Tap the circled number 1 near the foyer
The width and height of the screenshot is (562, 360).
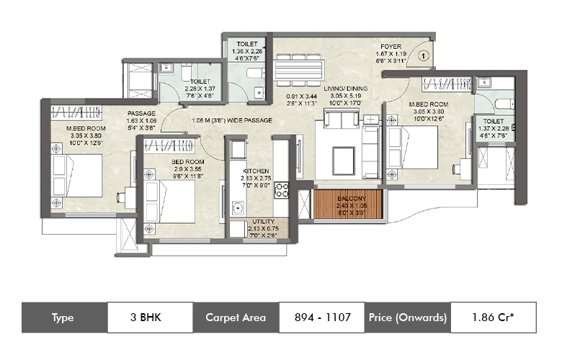423,54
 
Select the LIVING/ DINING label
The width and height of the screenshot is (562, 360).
345,89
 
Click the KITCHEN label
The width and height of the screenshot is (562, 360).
255,171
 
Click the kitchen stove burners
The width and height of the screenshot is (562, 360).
282,191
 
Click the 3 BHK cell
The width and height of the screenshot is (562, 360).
150,317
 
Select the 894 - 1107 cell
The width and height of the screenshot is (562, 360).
322,317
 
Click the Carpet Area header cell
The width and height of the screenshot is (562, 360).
236,317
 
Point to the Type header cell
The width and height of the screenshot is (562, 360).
64,317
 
